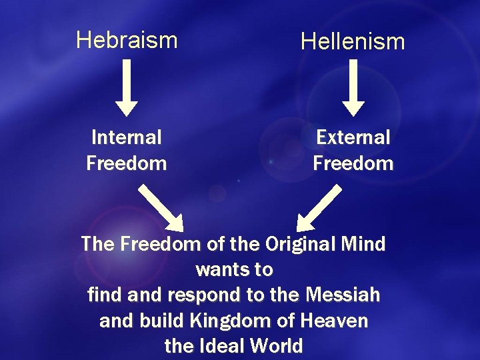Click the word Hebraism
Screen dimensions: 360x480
(x=127, y=40)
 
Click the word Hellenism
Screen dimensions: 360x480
(x=353, y=42)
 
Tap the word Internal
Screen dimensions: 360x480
(x=127, y=137)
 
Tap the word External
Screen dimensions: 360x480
(x=353, y=137)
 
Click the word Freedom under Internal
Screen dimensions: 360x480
(x=127, y=163)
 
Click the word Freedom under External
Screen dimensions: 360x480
(x=353, y=163)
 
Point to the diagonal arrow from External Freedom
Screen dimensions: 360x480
(x=318, y=207)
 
